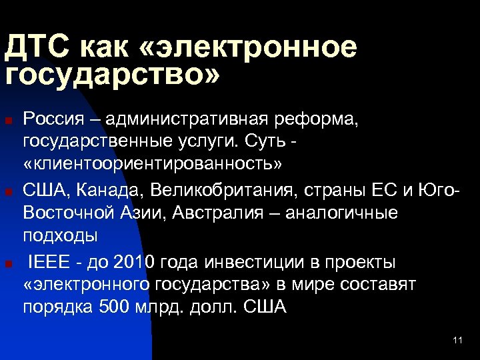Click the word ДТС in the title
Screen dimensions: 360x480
[x=37, y=48]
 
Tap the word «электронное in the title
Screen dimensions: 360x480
[x=253, y=48]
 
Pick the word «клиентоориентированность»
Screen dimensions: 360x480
[x=153, y=163]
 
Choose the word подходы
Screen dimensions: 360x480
[x=61, y=235]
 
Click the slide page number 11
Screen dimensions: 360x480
[x=457, y=341]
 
